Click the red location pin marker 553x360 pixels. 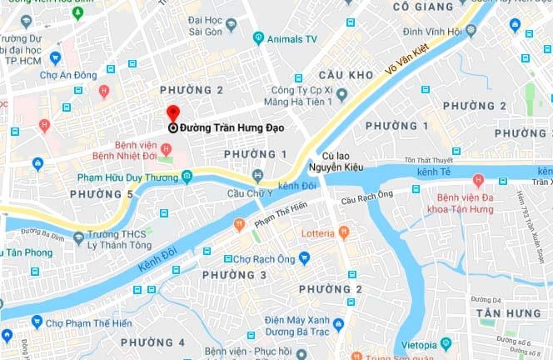pyautogui.click(x=172, y=114)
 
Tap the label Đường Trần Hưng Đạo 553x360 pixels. pyautogui.click(x=232, y=128)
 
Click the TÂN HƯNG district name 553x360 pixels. pyautogui.click(x=508, y=312)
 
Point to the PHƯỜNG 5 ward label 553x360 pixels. pyautogui.click(x=102, y=194)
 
